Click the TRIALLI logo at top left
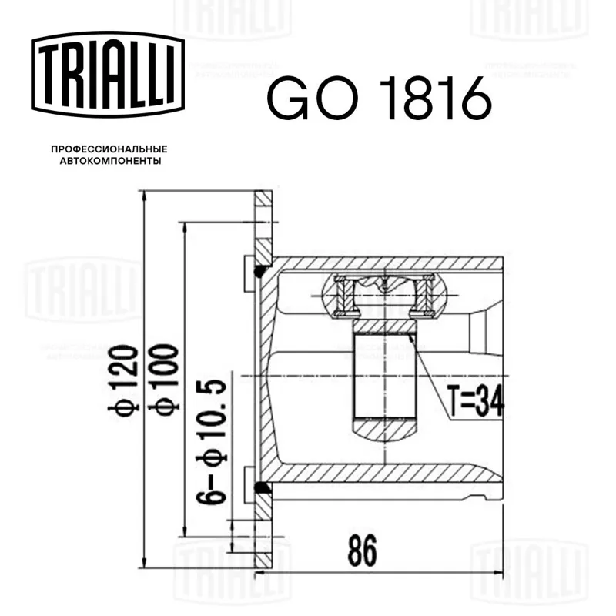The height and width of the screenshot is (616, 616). point(108,75)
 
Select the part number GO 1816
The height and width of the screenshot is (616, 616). point(379,99)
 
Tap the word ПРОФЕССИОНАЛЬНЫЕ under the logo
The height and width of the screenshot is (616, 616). point(109,149)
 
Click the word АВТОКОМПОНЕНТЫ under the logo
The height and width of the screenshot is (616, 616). point(110,161)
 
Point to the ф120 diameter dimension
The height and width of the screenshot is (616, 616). point(123,378)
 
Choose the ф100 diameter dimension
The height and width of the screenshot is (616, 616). point(163,378)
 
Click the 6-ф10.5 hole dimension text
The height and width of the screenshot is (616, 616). point(212,441)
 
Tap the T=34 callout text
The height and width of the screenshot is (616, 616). point(475,401)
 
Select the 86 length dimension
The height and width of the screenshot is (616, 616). point(362,551)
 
